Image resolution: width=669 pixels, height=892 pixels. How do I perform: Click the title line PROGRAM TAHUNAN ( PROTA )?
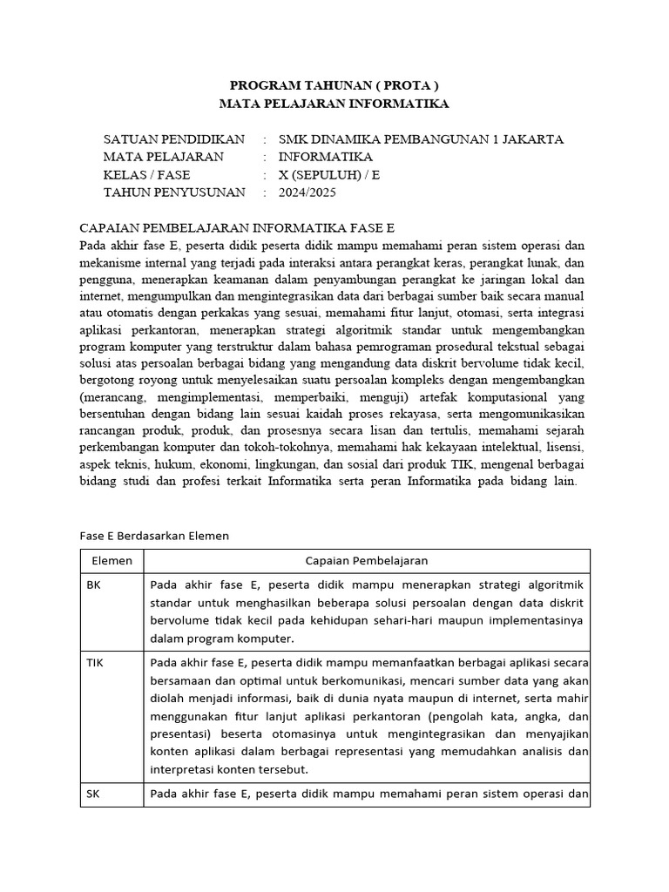[334, 85]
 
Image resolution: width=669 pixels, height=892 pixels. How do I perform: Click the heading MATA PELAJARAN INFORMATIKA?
[334, 104]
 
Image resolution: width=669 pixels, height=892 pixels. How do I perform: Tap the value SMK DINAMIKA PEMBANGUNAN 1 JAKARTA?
[421, 139]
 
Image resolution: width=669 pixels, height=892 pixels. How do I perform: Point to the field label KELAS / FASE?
[146, 174]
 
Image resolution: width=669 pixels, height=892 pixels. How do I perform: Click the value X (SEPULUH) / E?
[329, 174]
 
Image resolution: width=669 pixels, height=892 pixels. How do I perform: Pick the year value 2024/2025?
[307, 192]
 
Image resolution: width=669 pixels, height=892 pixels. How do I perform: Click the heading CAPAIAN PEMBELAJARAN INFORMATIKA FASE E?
[237, 227]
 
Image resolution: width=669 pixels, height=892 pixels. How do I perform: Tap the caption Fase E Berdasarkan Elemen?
[154, 536]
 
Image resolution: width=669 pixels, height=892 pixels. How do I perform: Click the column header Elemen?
[111, 561]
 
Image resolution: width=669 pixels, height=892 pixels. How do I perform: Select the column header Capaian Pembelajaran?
[367, 561]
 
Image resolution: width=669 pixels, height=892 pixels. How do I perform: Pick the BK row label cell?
[94, 585]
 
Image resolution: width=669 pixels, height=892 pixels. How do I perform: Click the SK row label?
[94, 794]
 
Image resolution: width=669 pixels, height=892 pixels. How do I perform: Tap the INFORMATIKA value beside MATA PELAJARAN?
[325, 157]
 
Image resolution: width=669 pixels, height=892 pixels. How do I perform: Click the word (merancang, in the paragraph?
[116, 398]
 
